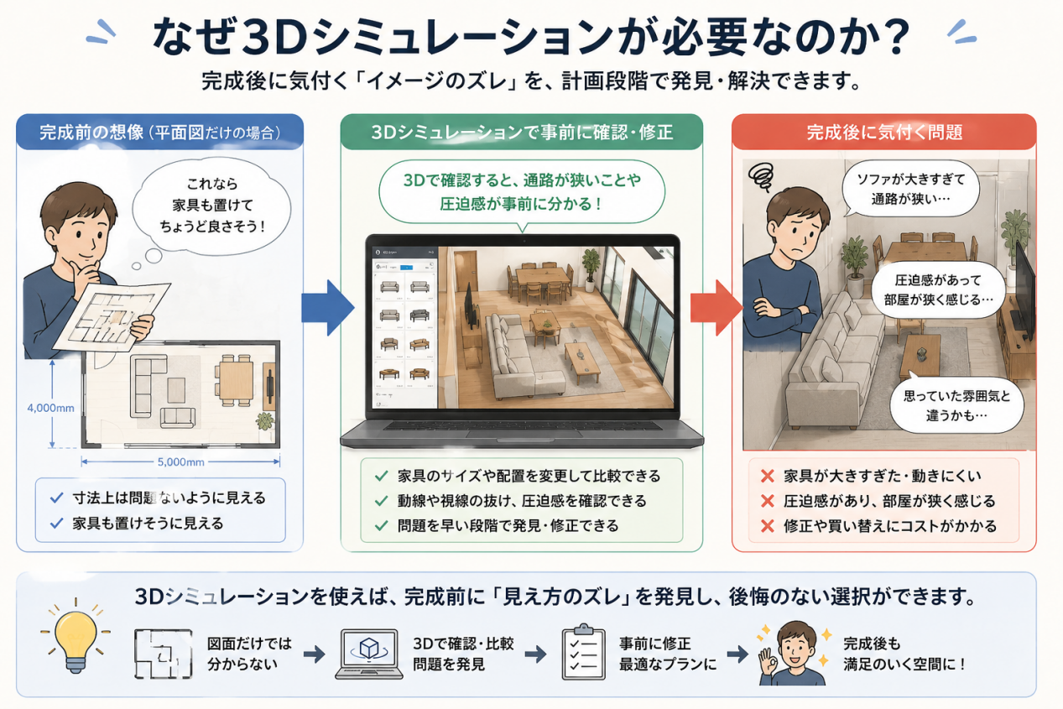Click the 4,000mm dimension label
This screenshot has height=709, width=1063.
[x=51, y=408]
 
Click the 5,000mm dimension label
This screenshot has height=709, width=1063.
[x=181, y=461]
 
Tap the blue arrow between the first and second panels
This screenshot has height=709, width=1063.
[x=328, y=308]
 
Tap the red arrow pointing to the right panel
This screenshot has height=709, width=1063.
[x=716, y=308]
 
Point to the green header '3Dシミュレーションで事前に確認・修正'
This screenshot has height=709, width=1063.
[x=522, y=132]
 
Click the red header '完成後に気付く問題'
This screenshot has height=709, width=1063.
[x=883, y=132]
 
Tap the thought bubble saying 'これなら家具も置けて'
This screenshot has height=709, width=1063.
[x=211, y=206]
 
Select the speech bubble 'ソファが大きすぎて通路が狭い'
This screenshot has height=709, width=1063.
[x=910, y=189]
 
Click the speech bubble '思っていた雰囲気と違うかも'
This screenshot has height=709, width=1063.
[x=956, y=405]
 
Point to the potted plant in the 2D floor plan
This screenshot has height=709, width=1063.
[x=265, y=421]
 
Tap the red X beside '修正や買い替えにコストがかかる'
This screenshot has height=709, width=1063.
[x=768, y=526]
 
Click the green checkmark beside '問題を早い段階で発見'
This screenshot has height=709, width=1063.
[x=381, y=526]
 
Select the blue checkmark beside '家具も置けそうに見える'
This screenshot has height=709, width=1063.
[x=56, y=523]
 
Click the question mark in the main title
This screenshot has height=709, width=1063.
[x=891, y=38]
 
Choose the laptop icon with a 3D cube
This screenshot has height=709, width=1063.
[x=368, y=654]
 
